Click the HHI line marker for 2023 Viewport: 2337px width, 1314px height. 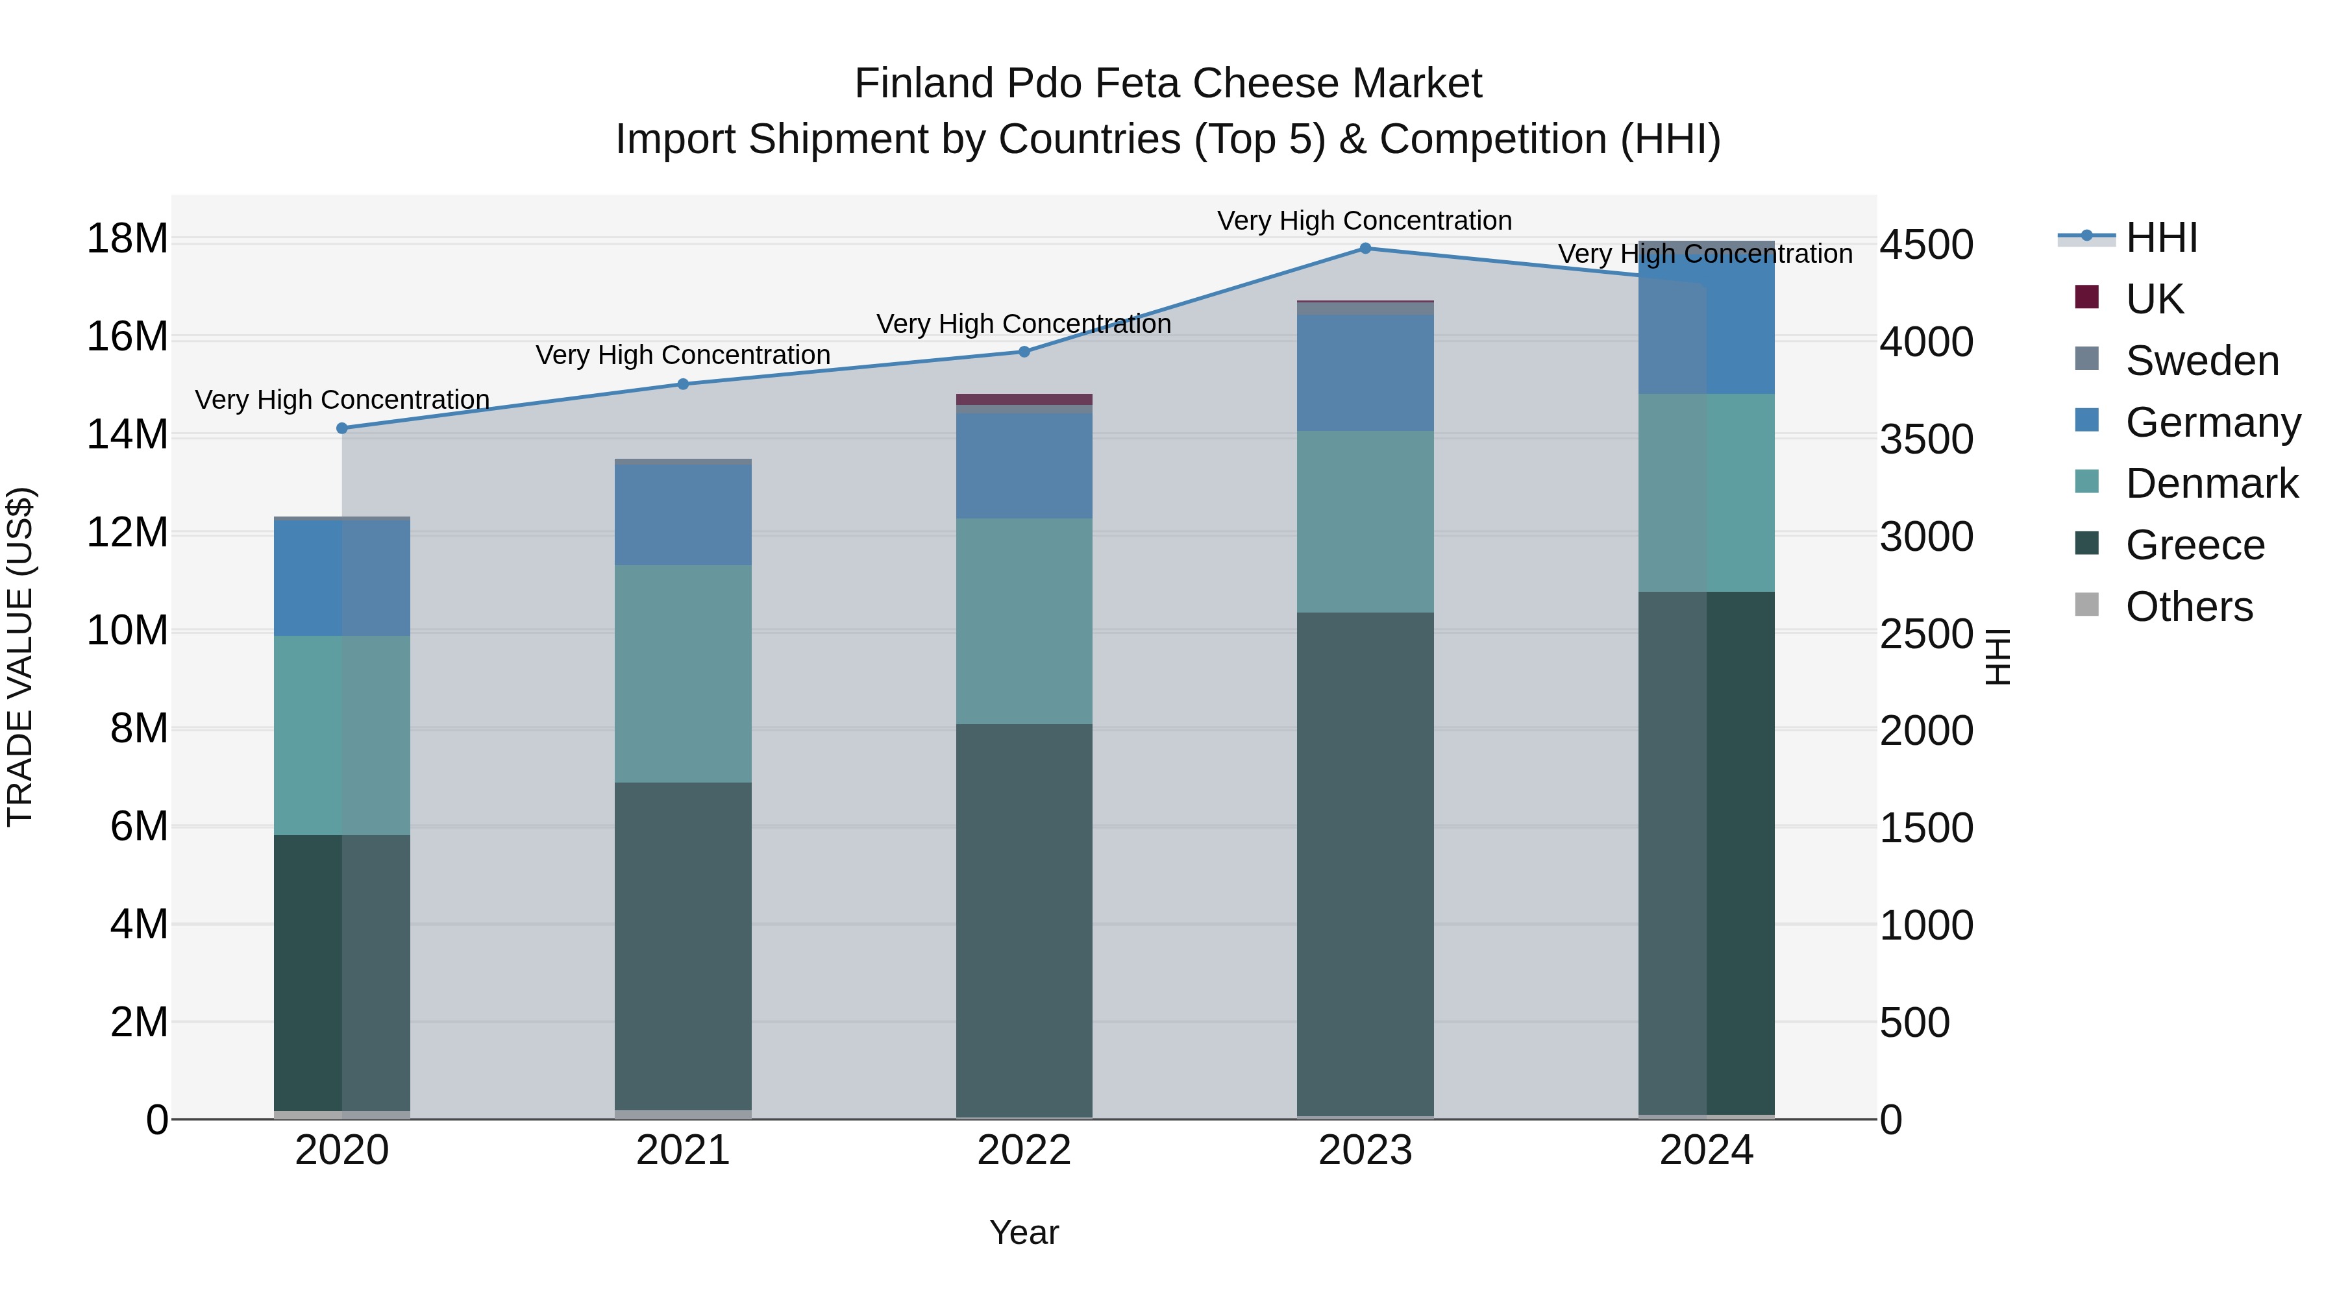pos(1365,248)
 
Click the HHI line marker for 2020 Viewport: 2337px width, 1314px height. pos(342,428)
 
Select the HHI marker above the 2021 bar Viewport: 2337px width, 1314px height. pos(683,383)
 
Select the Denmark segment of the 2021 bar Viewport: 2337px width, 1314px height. pos(683,673)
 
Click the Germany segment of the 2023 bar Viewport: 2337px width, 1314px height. pos(1365,372)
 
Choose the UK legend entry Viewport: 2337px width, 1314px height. pos(2154,298)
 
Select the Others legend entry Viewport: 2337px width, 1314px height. pos(2188,606)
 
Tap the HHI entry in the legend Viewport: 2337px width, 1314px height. pos(2161,237)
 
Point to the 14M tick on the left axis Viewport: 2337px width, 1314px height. pos(127,434)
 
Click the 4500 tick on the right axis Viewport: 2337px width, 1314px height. pos(1925,245)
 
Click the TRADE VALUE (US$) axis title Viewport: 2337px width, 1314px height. pos(20,657)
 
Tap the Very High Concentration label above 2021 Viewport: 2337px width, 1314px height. pos(683,354)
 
